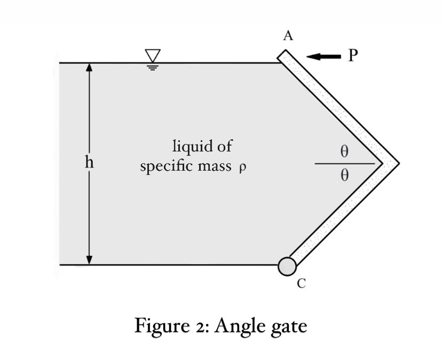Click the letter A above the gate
(288, 36)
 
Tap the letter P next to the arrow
(352, 55)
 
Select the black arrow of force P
(323, 57)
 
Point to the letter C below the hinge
(301, 284)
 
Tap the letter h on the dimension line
(90, 163)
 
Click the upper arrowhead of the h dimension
(90, 67)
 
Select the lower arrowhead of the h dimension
(90, 260)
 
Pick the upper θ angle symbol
(344, 151)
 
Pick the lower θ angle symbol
(344, 175)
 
